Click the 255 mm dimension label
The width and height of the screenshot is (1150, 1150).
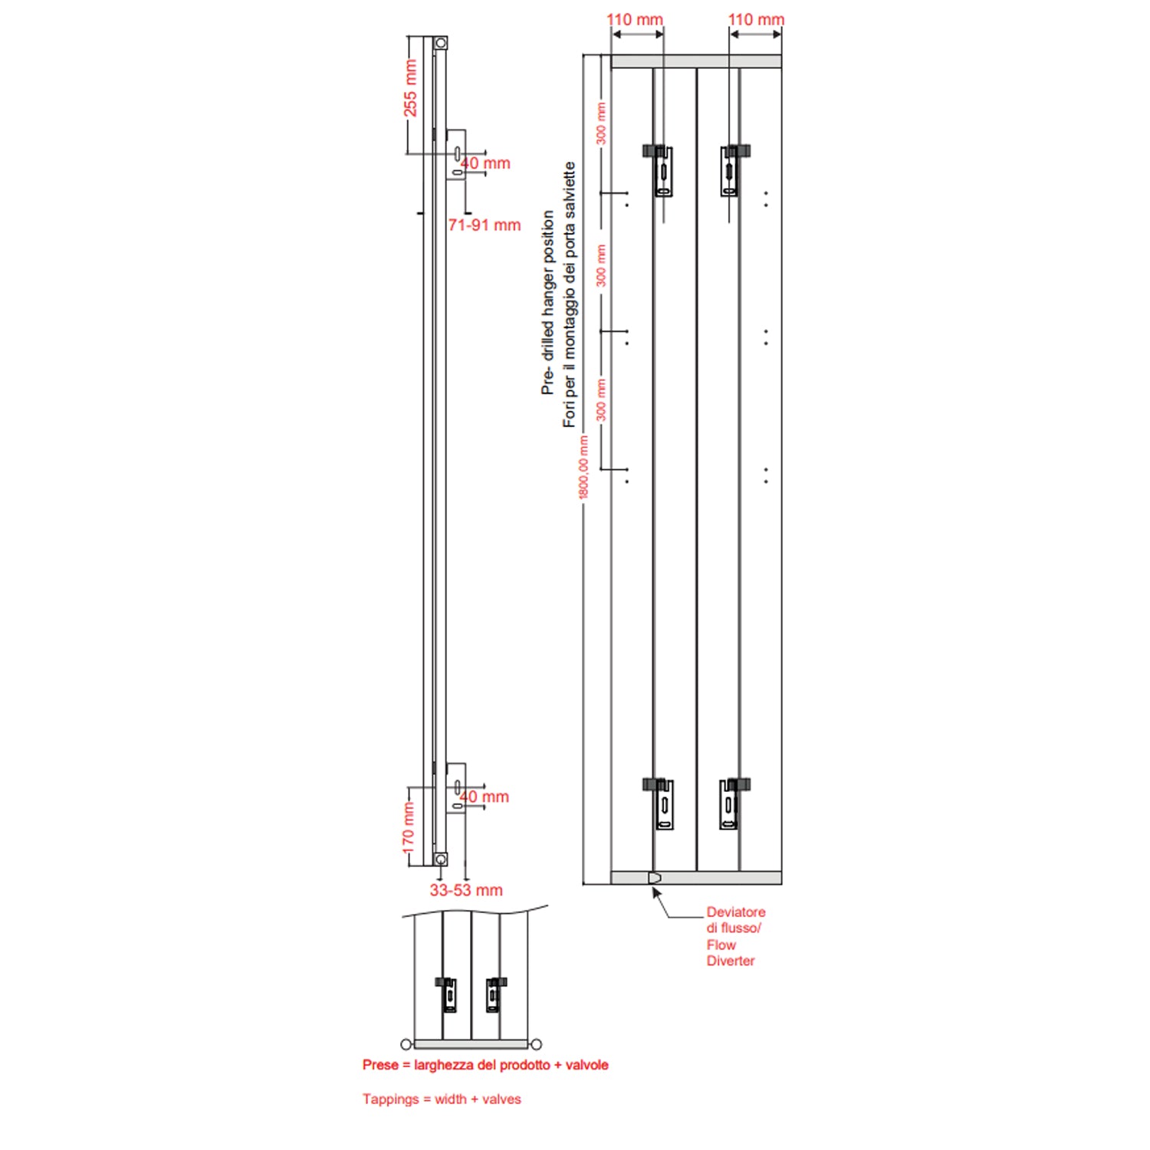coord(410,88)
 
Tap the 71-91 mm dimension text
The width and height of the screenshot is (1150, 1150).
coord(485,225)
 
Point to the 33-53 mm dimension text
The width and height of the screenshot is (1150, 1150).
coord(466,890)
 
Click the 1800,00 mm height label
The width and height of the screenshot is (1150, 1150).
coord(584,468)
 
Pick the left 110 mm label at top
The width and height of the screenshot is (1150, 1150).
coord(635,20)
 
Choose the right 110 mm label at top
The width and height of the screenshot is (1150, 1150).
coord(756,20)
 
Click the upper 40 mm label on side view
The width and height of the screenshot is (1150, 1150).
coord(486,163)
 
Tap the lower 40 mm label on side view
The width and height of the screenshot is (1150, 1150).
coord(485,797)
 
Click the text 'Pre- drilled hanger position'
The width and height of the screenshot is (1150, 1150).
coord(547,303)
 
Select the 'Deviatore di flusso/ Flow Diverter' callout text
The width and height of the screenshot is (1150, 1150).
coord(734,936)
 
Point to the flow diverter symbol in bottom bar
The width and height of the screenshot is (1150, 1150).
coord(654,877)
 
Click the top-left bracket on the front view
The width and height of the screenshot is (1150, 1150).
coord(661,170)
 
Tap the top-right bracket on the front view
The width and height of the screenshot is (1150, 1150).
coord(732,170)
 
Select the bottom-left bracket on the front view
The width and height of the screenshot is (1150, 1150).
coord(662,803)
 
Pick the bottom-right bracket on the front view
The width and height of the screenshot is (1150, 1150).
coord(731,803)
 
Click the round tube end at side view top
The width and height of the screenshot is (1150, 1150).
coord(440,43)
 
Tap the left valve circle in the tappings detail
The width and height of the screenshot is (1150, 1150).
coord(406,1044)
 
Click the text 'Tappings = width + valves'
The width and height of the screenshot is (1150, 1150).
coord(442,1099)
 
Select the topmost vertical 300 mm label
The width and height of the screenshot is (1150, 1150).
coord(601,123)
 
